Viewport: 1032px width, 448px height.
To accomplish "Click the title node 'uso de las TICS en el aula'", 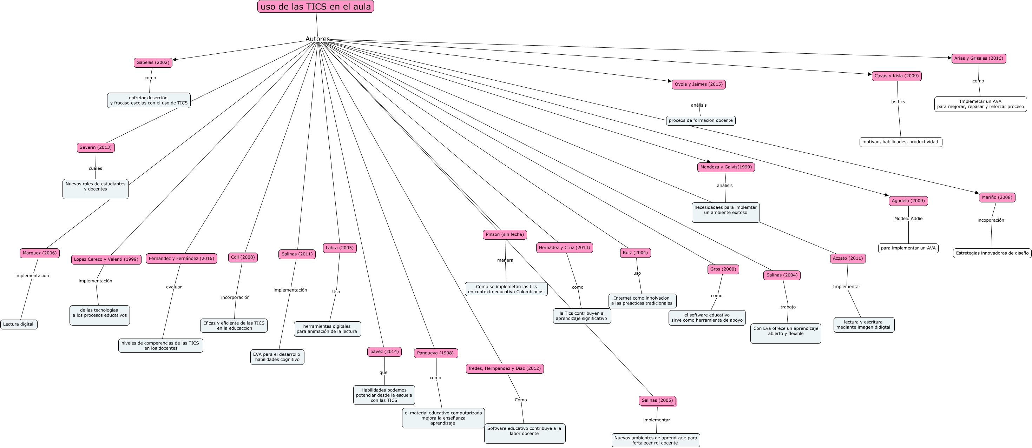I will [x=315, y=7].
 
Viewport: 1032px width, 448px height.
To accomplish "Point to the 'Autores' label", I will [x=317, y=39].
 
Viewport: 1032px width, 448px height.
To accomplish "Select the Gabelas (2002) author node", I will [x=153, y=62].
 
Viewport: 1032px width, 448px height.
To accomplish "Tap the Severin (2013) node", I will [x=96, y=147].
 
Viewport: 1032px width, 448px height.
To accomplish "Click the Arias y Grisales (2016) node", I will [x=978, y=59].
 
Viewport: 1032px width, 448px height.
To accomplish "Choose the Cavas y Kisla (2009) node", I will [x=896, y=76].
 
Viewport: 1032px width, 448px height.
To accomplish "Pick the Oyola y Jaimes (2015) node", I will [x=698, y=85].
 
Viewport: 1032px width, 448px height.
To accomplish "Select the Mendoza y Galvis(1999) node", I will [x=725, y=167].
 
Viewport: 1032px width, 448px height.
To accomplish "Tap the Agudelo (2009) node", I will [x=908, y=201].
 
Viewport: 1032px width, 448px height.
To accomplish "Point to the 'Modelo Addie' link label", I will [x=908, y=219].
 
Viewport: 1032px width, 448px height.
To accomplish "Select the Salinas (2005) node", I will [x=657, y=400].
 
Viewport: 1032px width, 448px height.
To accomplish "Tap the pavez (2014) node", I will [x=384, y=352].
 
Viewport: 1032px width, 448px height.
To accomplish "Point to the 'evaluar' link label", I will [x=174, y=287].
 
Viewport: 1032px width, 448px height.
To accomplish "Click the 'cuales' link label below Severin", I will [x=96, y=168].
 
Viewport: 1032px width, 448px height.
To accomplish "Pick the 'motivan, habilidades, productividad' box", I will [x=900, y=142].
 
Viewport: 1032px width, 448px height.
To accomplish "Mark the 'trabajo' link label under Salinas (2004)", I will [x=788, y=307].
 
